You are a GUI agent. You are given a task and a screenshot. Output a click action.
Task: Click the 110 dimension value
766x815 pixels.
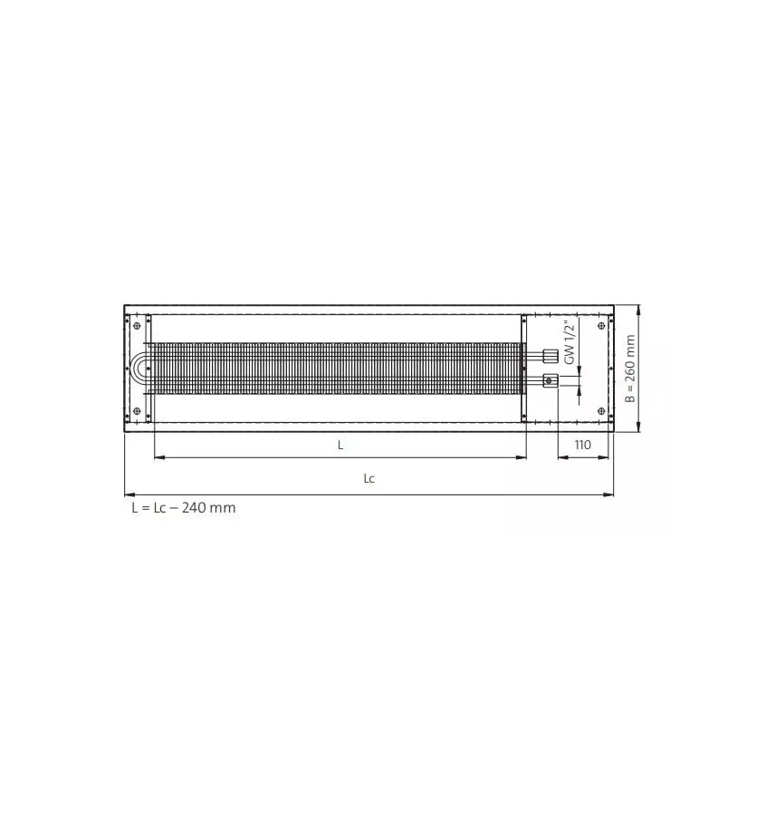(581, 445)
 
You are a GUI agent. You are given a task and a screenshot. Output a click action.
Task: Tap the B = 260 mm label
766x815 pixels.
(631, 369)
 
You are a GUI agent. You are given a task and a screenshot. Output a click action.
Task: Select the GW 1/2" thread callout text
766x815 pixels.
(570, 342)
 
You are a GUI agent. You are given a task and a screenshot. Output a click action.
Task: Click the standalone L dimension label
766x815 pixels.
(340, 445)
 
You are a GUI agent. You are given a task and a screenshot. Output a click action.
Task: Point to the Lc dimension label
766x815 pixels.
(369, 479)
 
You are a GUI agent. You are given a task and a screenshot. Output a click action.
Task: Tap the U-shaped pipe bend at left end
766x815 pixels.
(140, 369)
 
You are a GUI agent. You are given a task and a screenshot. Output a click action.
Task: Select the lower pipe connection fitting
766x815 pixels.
(550, 381)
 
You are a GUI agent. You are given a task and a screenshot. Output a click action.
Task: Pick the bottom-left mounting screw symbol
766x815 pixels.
(137, 412)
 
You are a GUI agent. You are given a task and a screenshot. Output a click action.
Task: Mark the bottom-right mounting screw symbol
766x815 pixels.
(601, 412)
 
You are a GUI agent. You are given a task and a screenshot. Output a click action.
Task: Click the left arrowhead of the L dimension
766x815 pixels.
(158, 457)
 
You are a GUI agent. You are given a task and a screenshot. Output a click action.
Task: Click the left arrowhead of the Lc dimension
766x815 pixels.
(128, 494)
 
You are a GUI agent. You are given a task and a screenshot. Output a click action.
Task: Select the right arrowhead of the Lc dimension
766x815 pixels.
(610, 494)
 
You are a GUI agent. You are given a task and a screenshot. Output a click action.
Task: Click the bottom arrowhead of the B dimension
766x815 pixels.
(639, 428)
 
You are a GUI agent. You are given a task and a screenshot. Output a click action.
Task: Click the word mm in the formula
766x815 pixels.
(224, 508)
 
